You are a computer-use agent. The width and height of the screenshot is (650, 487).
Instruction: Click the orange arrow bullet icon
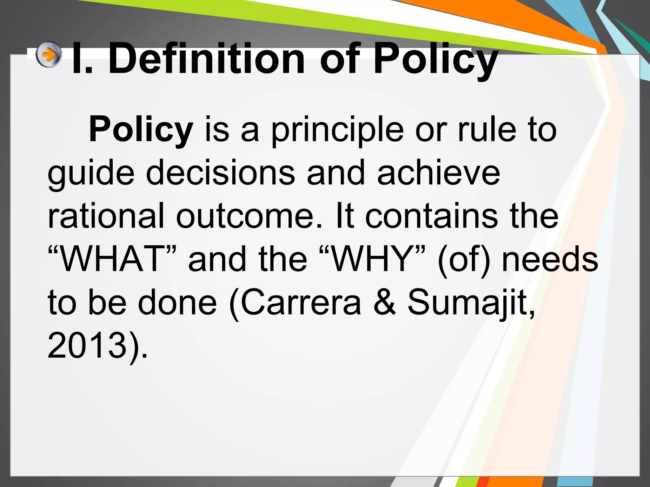pyautogui.click(x=48, y=55)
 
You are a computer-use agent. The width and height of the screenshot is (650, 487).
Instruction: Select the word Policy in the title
pyautogui.click(x=435, y=60)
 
